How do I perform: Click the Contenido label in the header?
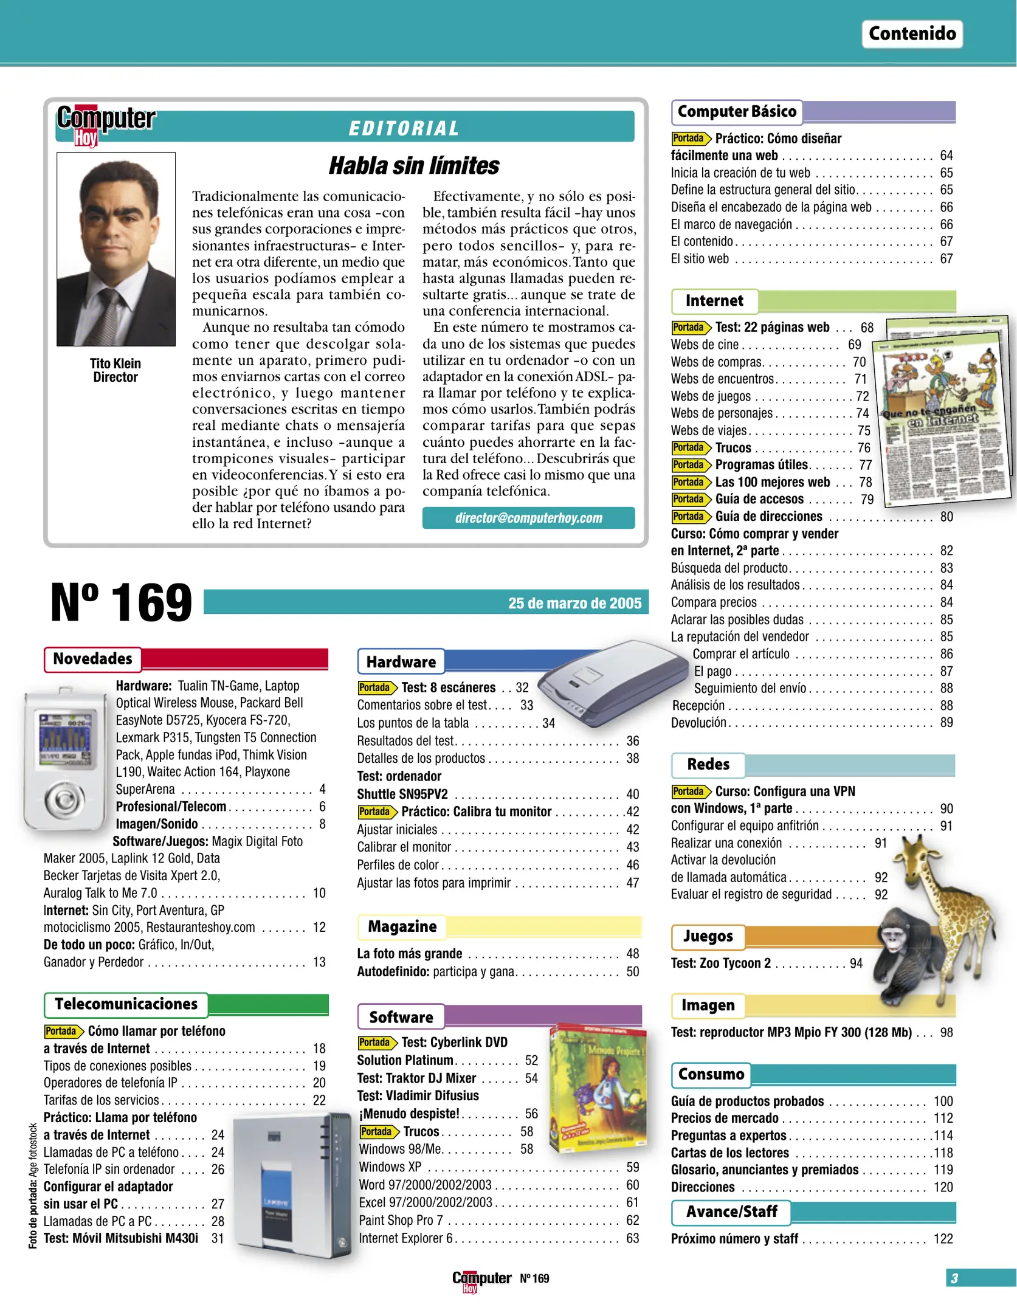pyautogui.click(x=911, y=33)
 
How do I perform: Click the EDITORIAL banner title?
pyautogui.click(x=404, y=128)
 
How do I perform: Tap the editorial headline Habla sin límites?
pyautogui.click(x=413, y=165)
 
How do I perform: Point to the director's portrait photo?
pyautogui.click(x=116, y=249)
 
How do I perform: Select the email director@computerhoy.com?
pyautogui.click(x=528, y=518)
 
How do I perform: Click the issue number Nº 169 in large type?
pyautogui.click(x=121, y=602)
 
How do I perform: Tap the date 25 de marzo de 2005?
pyautogui.click(x=574, y=603)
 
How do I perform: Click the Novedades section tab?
pyautogui.click(x=92, y=659)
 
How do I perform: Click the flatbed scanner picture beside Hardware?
pyautogui.click(x=611, y=681)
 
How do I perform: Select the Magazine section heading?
pyautogui.click(x=402, y=926)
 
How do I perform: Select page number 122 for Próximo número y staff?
pyautogui.click(x=943, y=1238)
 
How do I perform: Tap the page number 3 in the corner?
pyautogui.click(x=954, y=1278)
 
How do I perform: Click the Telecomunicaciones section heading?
pyautogui.click(x=126, y=1004)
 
